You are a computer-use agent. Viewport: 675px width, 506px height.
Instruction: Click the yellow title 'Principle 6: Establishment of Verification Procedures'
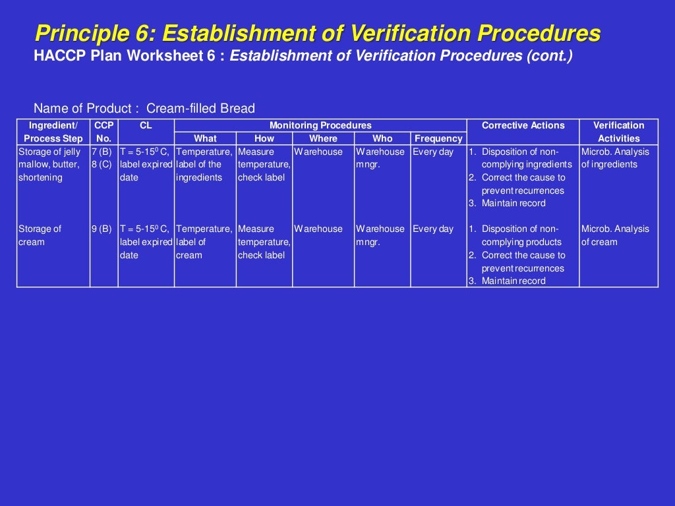(318, 33)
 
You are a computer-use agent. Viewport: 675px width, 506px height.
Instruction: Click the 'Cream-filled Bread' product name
(200, 109)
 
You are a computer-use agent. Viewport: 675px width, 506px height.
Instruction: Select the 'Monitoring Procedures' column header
(320, 125)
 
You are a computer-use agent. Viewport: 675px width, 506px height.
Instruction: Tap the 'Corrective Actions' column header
(523, 125)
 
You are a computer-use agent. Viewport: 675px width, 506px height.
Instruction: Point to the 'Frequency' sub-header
(438, 138)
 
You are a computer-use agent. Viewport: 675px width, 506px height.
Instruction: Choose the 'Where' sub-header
(323, 138)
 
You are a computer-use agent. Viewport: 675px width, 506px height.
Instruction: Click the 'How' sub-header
(264, 138)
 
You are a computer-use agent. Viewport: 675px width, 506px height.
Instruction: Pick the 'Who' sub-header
(382, 138)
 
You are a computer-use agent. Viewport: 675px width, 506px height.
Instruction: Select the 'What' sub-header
(205, 138)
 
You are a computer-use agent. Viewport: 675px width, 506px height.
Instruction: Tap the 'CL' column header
(146, 125)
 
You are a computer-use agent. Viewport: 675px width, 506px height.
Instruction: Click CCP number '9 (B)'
(102, 229)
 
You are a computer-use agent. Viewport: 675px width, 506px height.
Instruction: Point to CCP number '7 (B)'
(102, 152)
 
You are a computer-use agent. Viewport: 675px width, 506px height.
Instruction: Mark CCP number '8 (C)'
(102, 165)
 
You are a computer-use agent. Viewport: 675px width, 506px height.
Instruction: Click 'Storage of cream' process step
(40, 235)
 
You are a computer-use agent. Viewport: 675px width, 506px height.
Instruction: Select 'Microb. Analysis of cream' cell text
(615, 235)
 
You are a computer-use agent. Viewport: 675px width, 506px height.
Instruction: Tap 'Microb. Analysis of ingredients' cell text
(615, 158)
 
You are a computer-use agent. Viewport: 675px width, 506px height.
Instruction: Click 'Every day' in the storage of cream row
(433, 229)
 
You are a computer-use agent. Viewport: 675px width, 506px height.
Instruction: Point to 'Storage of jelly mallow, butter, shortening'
(50, 165)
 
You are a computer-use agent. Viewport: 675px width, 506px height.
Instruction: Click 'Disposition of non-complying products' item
(521, 235)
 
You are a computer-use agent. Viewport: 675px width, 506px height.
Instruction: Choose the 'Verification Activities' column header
(618, 132)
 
